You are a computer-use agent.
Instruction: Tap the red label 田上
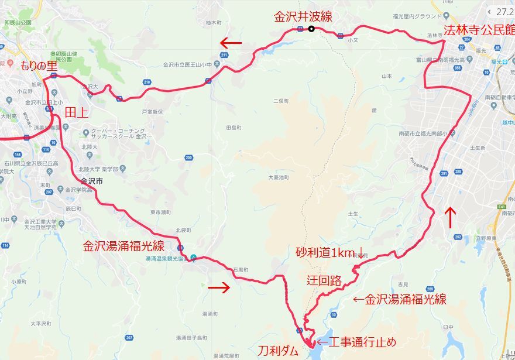[x=75, y=112]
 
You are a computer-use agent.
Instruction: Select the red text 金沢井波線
[x=303, y=16]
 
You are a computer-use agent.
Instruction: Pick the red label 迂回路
[x=324, y=280]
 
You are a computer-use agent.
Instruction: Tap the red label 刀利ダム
[x=278, y=351]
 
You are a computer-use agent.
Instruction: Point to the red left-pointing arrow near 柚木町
[x=231, y=43]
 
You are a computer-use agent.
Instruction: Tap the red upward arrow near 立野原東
[x=450, y=218]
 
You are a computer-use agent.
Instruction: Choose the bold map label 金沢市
[x=92, y=181]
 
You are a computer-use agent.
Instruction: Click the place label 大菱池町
[x=279, y=177]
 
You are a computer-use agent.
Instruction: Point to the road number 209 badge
[x=188, y=157]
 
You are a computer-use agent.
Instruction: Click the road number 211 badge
[x=224, y=55]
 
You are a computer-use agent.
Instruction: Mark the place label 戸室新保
[x=152, y=111]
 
